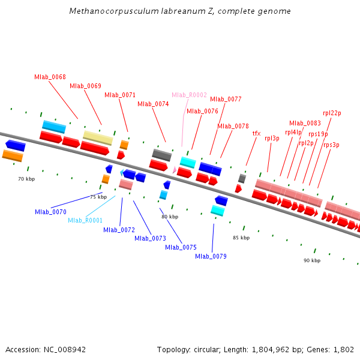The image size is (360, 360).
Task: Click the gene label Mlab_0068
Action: [x=50, y=77]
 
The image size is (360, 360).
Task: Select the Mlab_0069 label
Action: [x=85, y=86]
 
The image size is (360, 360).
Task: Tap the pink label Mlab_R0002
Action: [x=189, y=95]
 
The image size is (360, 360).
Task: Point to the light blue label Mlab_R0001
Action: [x=85, y=220]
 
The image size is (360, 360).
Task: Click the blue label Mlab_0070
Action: [x=50, y=212]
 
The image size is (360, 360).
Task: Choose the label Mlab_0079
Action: [x=211, y=256]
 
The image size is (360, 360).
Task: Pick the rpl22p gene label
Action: [x=332, y=113]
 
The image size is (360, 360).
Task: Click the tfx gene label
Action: [x=256, y=133]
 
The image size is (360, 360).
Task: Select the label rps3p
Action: [x=331, y=145]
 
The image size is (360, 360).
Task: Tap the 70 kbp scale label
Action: [x=26, y=179]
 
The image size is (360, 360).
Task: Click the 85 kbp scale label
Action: [x=241, y=238]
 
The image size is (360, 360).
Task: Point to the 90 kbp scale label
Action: [x=312, y=260]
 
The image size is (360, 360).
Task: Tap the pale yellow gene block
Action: [x=98, y=137]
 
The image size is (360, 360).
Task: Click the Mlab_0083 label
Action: [x=305, y=123]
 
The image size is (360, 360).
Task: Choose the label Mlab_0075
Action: [x=181, y=247]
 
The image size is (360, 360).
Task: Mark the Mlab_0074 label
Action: [x=153, y=104]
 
